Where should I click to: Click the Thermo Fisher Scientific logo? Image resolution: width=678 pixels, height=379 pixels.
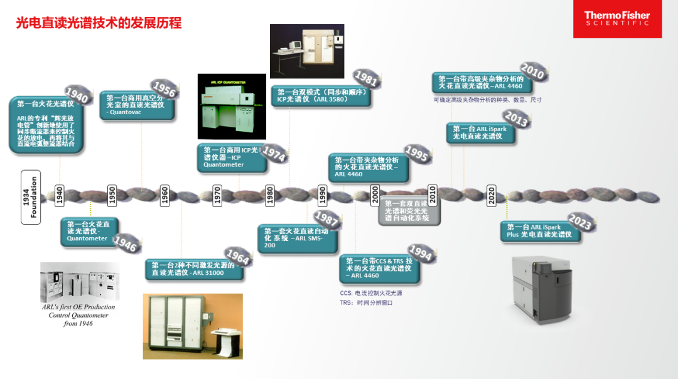617,19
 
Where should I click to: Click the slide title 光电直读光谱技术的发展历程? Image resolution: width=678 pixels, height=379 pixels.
99,23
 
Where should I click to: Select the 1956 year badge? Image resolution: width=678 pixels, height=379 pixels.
164,89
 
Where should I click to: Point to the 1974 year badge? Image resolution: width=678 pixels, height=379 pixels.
274,153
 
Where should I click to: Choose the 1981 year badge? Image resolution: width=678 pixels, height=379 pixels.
366,78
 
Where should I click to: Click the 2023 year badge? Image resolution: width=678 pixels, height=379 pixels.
581,222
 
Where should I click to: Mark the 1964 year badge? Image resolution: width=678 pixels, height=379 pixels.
238,256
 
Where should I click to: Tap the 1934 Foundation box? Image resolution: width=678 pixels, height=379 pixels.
30,196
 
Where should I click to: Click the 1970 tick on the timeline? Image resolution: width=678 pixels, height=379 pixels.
217,195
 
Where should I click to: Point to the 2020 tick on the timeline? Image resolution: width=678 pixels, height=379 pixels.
492,195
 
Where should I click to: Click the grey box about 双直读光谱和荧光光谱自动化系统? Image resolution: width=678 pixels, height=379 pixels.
407,211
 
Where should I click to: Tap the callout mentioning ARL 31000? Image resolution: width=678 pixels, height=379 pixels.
193,269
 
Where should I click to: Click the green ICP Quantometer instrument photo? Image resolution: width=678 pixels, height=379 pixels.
232,106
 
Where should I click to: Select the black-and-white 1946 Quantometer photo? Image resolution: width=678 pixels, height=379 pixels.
79,281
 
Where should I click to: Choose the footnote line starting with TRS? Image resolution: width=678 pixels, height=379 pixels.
366,302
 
